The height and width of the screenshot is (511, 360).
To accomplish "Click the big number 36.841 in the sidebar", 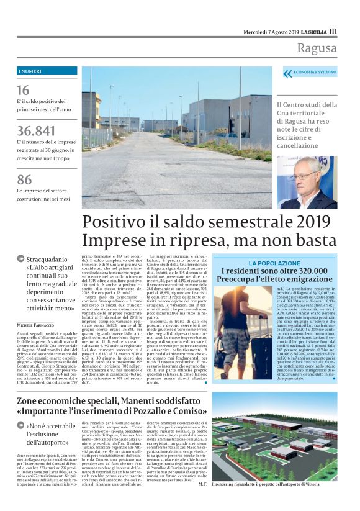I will click(x=35, y=131).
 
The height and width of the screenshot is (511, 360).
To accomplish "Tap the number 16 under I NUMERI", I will click(x=23, y=89).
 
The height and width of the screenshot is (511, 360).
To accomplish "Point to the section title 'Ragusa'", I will click(x=317, y=48).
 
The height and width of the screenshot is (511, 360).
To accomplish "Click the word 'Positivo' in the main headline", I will click(x=116, y=222).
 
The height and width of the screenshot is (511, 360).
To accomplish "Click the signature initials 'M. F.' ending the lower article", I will click(x=202, y=501).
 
